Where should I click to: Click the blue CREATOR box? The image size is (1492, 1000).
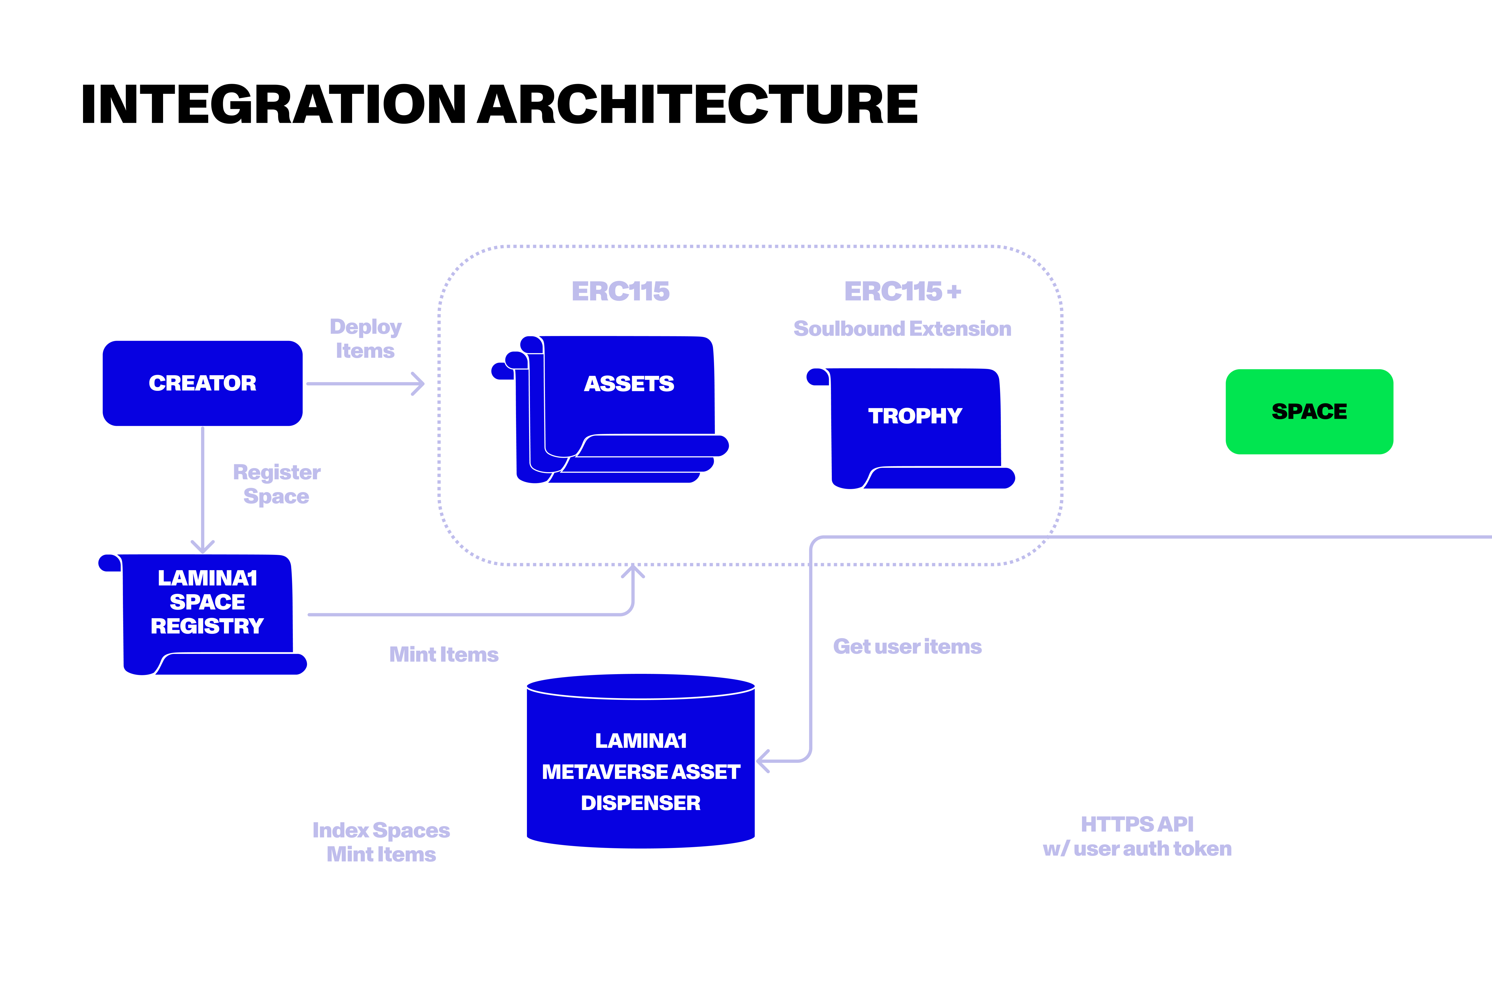click(x=202, y=383)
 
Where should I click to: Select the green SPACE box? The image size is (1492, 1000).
click(x=1309, y=411)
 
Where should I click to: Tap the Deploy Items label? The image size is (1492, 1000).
click(x=365, y=339)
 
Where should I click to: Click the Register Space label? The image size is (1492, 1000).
click(x=276, y=484)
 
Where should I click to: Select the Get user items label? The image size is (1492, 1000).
click(x=907, y=647)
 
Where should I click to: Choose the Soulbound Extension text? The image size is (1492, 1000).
click(x=902, y=329)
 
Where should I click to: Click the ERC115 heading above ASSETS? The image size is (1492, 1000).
click(x=620, y=291)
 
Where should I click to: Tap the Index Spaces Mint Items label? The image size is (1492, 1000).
click(x=381, y=842)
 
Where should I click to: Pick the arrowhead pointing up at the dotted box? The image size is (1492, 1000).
click(x=632, y=571)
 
